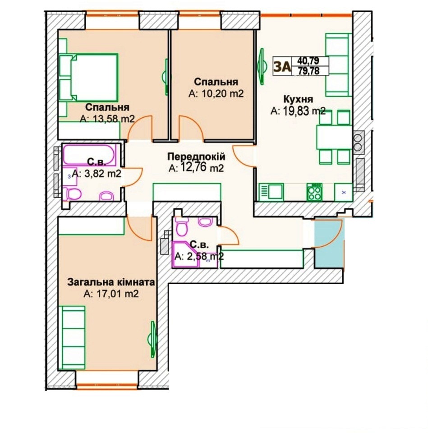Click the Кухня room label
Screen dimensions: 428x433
coord(298,99)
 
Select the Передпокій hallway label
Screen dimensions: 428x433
coord(196,157)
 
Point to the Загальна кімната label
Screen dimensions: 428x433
coord(111,282)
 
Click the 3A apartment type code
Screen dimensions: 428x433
coord(282,67)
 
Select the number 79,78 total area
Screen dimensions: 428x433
coord(309,71)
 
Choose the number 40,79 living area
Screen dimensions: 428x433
coord(308,60)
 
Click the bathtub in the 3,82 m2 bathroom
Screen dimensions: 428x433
coord(89,155)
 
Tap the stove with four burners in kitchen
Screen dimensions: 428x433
coord(314,192)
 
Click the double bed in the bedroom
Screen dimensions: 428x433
coord(88,78)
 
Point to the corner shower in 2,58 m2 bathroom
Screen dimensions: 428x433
coord(185,254)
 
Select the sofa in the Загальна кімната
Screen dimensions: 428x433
coord(74,337)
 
